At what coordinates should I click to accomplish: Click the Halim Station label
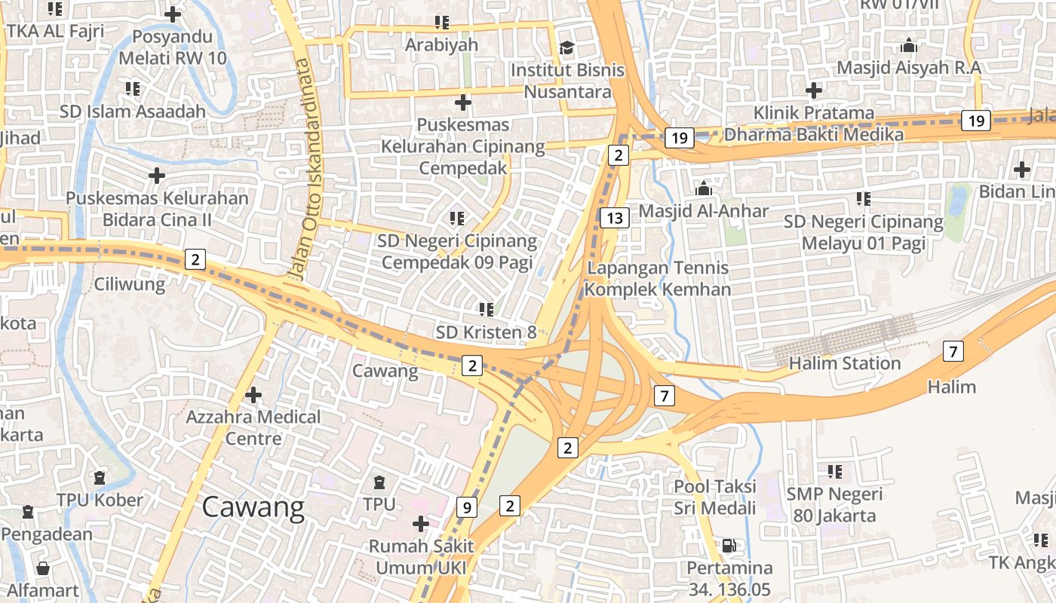pyautogui.click(x=844, y=363)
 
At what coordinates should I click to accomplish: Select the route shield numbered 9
pyautogui.click(x=467, y=508)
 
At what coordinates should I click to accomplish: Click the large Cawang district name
pyautogui.click(x=253, y=508)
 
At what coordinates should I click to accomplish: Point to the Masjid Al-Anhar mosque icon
pyautogui.click(x=704, y=188)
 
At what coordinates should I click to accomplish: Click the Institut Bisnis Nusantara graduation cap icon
pyautogui.click(x=566, y=48)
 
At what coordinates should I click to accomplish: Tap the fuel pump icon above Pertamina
pyautogui.click(x=729, y=545)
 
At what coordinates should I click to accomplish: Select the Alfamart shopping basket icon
pyautogui.click(x=43, y=568)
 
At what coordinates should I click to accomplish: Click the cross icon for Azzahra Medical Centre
pyautogui.click(x=253, y=394)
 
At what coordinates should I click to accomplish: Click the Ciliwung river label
pyautogui.click(x=129, y=284)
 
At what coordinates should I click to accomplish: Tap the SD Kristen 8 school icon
pyautogui.click(x=486, y=309)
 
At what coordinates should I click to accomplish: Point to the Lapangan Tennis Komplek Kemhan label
pyautogui.click(x=658, y=278)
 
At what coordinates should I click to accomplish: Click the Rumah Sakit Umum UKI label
pyautogui.click(x=421, y=556)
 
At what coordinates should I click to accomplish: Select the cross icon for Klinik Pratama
pyautogui.click(x=813, y=90)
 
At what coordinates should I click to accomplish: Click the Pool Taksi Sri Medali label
pyautogui.click(x=715, y=497)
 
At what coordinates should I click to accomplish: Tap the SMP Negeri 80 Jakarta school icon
pyautogui.click(x=834, y=472)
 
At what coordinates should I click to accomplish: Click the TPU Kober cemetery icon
pyautogui.click(x=99, y=478)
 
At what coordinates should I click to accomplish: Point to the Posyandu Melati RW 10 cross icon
pyautogui.click(x=173, y=14)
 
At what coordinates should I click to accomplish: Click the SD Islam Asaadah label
pyautogui.click(x=133, y=112)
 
